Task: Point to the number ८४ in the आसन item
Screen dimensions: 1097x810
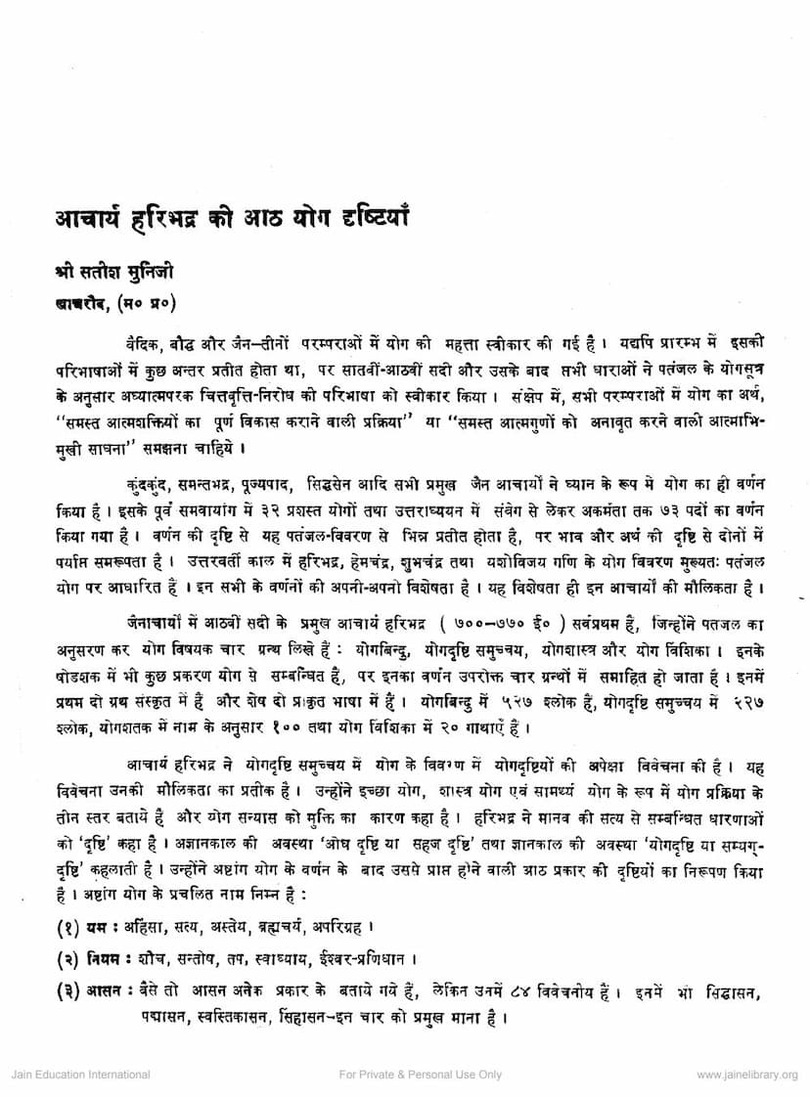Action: [517, 989]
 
